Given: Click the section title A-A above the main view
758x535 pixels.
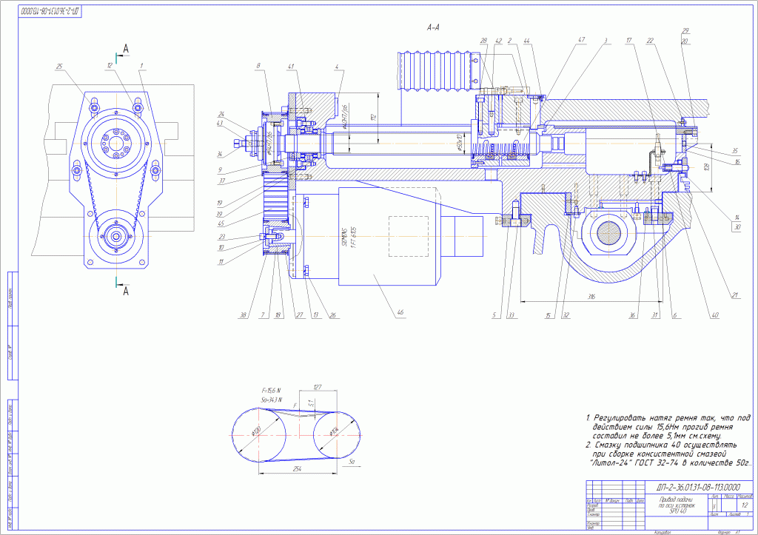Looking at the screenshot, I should coord(434,27).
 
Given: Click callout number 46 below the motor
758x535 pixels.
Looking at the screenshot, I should coord(400,312).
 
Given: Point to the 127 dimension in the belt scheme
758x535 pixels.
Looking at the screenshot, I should coord(318,386).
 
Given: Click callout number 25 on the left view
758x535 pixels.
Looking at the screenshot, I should coord(58,67).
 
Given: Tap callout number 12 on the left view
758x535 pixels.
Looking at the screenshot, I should coord(110,66).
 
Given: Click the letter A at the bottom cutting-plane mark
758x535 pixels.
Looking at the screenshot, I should coord(126,290).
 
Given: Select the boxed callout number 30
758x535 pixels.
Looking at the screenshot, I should coord(737,227).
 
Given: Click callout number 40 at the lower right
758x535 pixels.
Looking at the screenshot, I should coord(714,314).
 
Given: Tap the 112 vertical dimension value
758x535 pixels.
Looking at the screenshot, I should coord(375,117).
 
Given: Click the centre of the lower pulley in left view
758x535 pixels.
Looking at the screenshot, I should coord(118,236).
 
